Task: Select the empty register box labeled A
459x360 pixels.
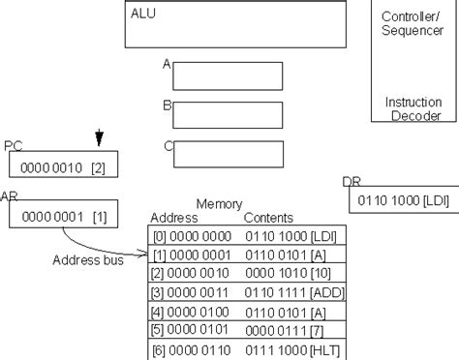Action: pos(229,75)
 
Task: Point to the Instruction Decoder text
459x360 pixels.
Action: pos(413,108)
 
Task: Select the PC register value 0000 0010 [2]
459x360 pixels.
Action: pos(62,166)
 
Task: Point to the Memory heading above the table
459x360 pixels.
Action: pos(219,205)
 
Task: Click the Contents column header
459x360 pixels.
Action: pos(268,219)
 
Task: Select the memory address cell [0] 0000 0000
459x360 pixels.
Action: pos(190,236)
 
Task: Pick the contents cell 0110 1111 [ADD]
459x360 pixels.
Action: pos(291,292)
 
